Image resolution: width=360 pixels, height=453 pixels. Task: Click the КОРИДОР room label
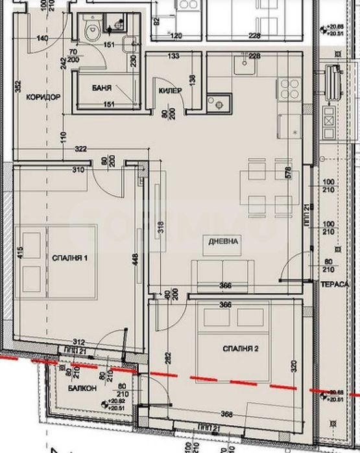(43, 97)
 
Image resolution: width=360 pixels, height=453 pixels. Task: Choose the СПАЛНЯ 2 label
(240, 349)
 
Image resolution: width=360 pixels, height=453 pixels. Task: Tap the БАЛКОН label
(82, 388)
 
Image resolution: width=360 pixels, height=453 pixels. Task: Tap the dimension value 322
(80, 149)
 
